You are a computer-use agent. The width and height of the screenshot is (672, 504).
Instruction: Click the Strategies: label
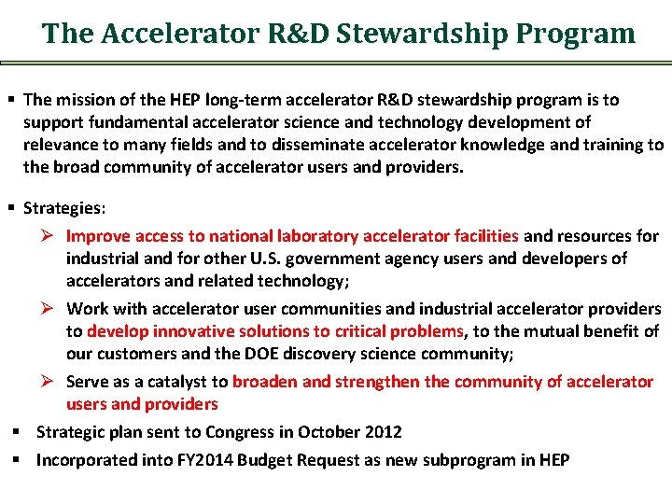(x=63, y=207)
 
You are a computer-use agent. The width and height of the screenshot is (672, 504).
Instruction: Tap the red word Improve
(x=98, y=236)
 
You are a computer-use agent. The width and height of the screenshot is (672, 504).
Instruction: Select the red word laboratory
(x=317, y=236)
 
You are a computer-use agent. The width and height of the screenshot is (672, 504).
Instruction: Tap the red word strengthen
(x=375, y=382)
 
